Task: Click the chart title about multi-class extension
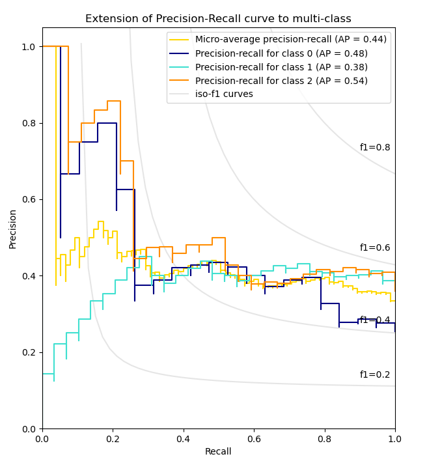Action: pos(218,19)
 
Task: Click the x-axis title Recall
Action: pos(218,451)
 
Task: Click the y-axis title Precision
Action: pos(13,229)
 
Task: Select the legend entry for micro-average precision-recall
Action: pos(290,40)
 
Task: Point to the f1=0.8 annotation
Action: pos(375,148)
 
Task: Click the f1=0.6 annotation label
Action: pos(375,248)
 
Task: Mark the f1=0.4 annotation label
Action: pos(375,320)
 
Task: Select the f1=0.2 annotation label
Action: pos(375,375)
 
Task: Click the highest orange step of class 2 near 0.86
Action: pos(114,101)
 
